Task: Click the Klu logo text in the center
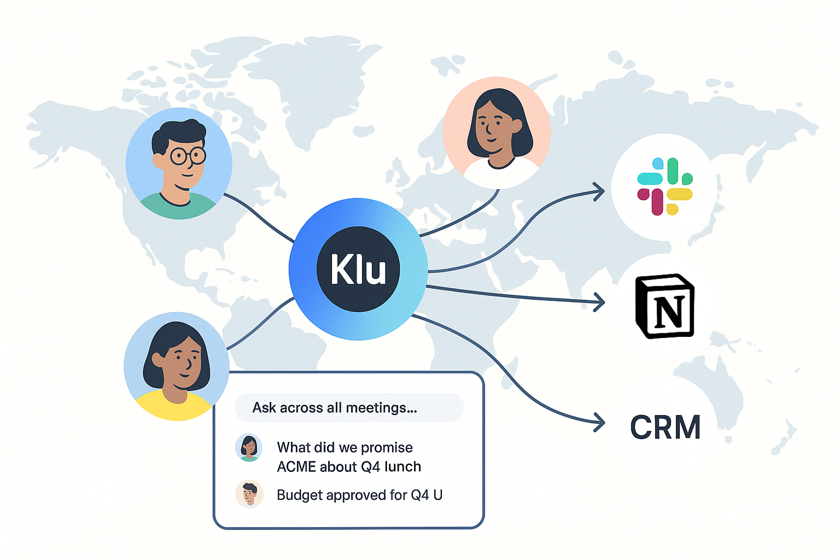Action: [358, 269]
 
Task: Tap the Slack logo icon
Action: [664, 186]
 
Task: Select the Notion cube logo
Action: [664, 306]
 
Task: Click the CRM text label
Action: [665, 427]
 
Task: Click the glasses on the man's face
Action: [188, 156]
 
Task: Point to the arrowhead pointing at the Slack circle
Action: [600, 191]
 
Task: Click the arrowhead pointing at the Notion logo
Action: [600, 302]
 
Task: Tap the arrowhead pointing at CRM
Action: [600, 422]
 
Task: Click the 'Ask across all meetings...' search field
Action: [349, 408]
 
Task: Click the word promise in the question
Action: [387, 447]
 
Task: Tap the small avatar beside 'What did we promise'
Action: [249, 448]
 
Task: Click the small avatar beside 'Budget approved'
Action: [249, 494]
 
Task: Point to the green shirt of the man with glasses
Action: [178, 208]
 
